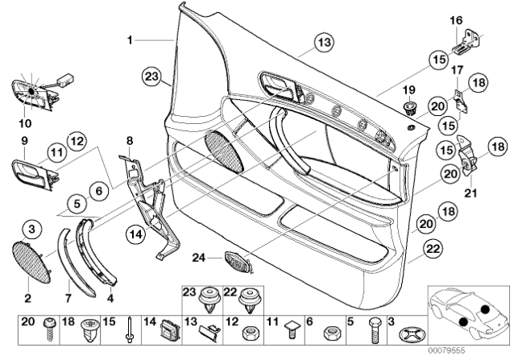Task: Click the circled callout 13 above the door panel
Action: click(x=323, y=42)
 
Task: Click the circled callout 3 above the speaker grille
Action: click(x=30, y=229)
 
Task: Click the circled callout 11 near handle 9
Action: click(x=56, y=151)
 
